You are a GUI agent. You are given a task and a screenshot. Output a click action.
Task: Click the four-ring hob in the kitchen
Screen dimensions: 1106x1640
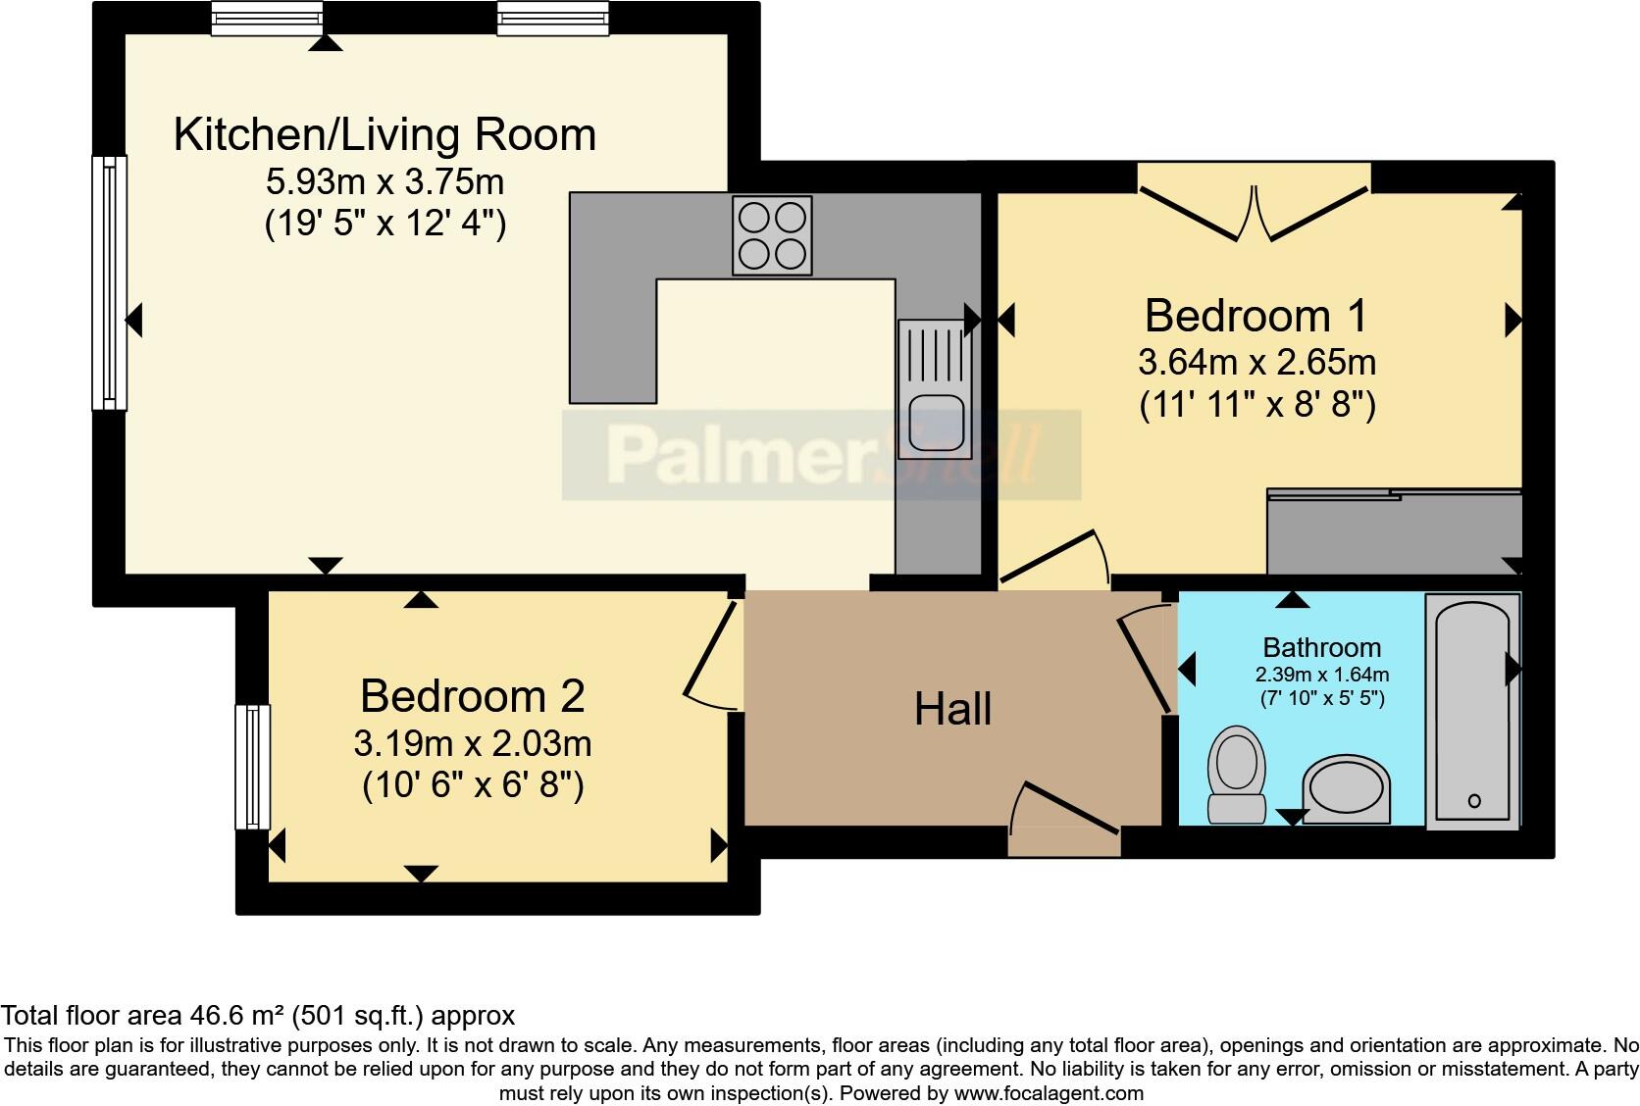coord(772,235)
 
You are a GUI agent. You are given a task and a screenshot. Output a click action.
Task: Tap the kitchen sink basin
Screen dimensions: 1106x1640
coord(935,422)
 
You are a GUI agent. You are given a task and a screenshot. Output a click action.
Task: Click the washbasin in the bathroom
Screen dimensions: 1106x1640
coord(1346,789)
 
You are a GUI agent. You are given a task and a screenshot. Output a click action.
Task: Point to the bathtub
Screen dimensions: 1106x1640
coord(1472,711)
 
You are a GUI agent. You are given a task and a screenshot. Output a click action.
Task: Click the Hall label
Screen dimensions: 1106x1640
coord(952,709)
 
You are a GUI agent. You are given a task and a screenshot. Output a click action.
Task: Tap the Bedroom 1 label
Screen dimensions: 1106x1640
coord(1255,316)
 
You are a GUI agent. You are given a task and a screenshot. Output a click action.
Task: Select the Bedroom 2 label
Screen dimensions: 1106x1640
coord(472,696)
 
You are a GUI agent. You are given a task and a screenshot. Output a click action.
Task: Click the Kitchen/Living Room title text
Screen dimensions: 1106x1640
coord(384,134)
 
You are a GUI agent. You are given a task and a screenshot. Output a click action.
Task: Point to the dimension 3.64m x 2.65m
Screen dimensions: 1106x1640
coord(1256,363)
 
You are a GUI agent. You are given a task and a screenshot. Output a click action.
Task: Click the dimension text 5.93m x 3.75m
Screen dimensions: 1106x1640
coord(384,181)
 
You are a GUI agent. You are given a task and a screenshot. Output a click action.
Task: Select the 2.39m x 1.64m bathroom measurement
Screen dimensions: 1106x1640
coord(1321,675)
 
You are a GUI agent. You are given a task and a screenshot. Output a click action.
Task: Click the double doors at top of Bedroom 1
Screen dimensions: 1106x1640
coord(1255,211)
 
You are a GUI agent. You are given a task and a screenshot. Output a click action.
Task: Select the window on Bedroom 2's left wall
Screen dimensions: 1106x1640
coord(252,767)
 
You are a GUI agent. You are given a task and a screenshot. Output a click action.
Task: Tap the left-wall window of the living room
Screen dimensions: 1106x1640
coord(109,282)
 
